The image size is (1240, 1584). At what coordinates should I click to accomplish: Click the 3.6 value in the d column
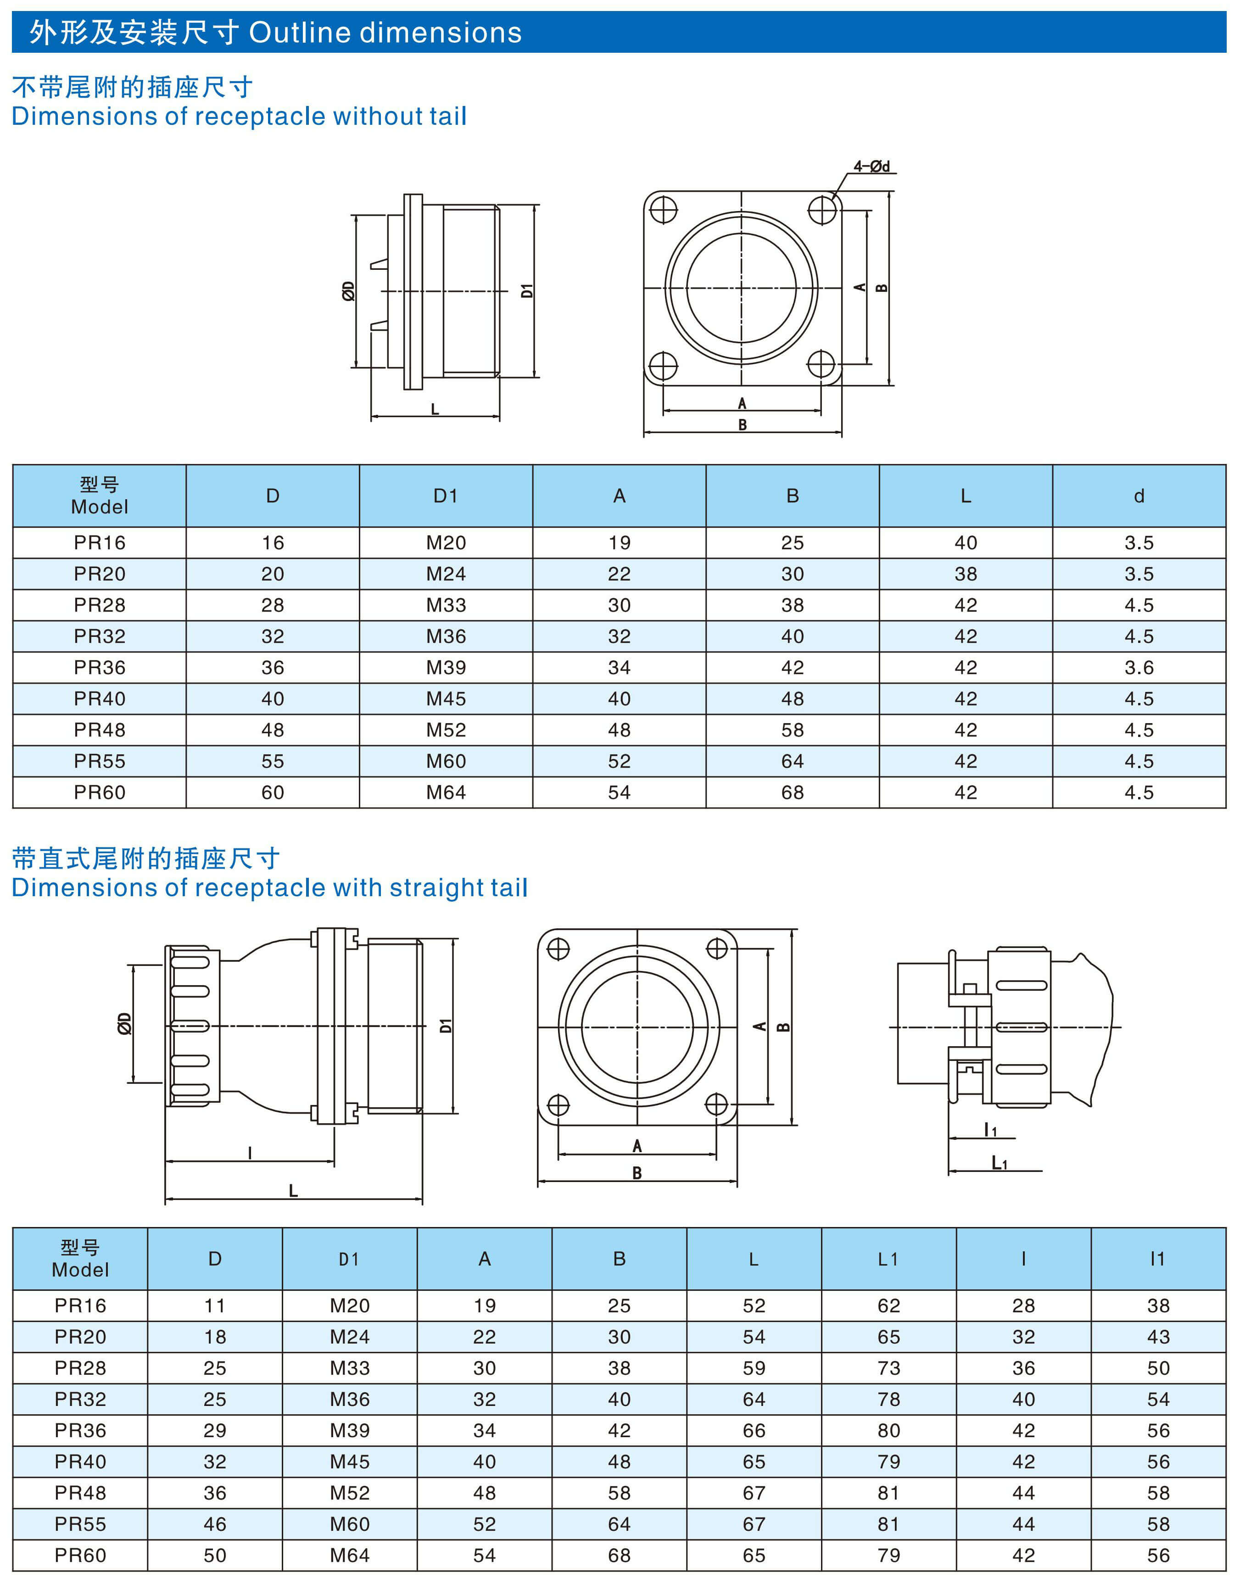coord(1139,667)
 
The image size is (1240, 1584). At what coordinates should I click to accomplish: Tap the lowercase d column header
coord(1139,496)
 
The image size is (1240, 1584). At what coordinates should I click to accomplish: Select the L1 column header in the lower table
coord(888,1259)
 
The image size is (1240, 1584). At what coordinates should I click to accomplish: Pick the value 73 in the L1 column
coord(888,1368)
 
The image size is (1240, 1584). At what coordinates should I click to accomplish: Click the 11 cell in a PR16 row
coord(215,1305)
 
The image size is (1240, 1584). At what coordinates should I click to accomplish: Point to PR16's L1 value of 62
coord(888,1305)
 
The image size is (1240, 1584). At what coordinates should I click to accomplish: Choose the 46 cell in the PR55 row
coord(215,1524)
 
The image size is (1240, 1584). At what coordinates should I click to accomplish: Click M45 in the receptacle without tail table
coord(446,698)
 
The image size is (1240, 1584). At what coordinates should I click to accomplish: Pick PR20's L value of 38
coord(966,574)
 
